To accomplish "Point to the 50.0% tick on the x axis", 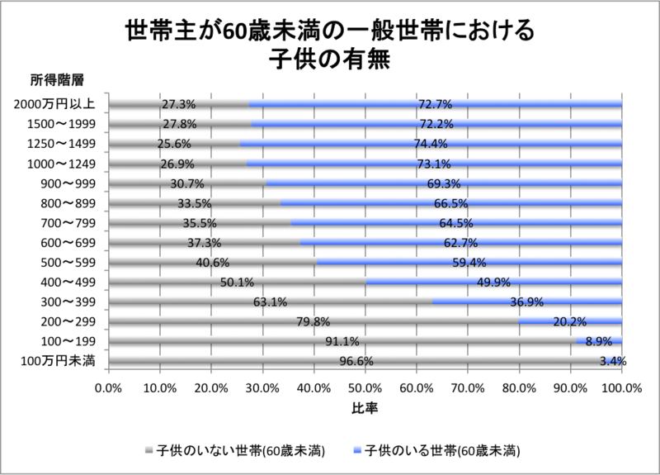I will (x=365, y=386).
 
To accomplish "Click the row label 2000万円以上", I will (x=56, y=105).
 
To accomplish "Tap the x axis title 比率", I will (x=365, y=407).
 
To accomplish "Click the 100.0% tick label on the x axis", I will (x=621, y=386).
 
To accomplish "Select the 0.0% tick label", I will (x=108, y=386).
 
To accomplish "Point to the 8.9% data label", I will (x=599, y=340).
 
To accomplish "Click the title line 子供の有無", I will (x=329, y=60).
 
